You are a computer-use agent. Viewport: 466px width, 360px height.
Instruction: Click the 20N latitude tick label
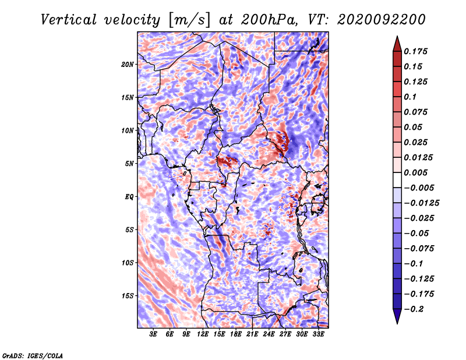click(127, 65)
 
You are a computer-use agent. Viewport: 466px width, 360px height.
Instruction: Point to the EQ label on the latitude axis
click(129, 197)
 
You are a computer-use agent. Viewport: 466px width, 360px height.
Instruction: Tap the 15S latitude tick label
click(127, 296)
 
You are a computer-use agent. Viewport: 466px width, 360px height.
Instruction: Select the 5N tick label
click(129, 164)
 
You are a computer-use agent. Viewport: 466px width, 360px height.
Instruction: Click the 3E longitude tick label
click(153, 334)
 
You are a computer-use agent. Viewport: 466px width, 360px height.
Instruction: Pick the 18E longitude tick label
click(236, 334)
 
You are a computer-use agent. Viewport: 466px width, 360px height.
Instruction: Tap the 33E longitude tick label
click(318, 334)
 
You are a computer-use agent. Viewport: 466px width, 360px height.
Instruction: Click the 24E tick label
click(269, 334)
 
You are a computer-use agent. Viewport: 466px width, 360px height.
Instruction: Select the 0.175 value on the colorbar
click(415, 51)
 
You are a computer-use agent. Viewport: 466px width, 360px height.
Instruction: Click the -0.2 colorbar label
click(414, 309)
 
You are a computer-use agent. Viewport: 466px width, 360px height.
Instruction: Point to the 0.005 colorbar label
click(415, 172)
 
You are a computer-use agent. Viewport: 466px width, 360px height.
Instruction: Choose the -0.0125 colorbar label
click(421, 203)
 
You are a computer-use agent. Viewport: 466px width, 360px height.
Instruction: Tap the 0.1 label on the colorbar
click(410, 97)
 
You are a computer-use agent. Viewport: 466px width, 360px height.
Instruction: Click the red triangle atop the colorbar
click(397, 44)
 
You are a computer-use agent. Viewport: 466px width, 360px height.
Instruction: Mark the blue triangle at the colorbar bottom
click(397, 316)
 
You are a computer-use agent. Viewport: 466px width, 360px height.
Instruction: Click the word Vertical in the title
click(68, 20)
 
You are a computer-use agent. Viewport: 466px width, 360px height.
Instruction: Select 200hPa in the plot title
click(269, 20)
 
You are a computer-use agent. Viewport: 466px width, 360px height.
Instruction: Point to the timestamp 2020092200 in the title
click(382, 20)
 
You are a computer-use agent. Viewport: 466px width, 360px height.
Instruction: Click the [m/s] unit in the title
click(189, 20)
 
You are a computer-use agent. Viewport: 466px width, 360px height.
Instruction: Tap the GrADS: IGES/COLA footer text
click(33, 356)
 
